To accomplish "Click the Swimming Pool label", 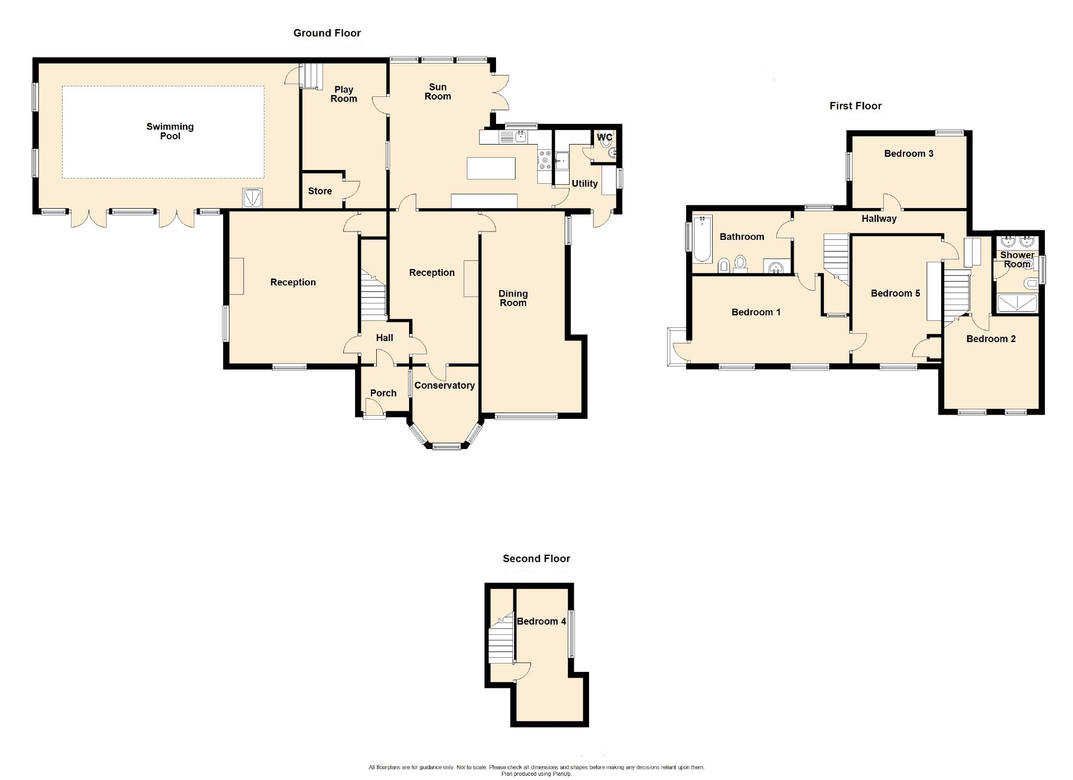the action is coord(170,131).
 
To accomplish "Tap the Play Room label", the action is coord(344,94).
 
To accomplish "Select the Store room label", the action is coord(320,191).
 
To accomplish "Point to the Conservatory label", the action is coord(444,385).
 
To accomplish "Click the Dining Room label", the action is coord(513,298).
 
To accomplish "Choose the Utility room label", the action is coord(584,184).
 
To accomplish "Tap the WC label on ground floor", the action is coord(605,137).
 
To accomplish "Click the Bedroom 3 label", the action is coord(909,154).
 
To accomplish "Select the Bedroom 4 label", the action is coord(542,621).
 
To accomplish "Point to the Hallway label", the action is coord(879,219).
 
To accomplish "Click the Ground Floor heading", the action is coord(327,33).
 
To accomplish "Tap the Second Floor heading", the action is coord(536,559).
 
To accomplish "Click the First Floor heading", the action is coord(856,106).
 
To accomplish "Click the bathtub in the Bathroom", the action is coord(703,239).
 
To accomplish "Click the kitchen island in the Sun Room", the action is coord(491,168).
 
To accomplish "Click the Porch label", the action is coord(383,393).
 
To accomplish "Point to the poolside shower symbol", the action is coord(252,198).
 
